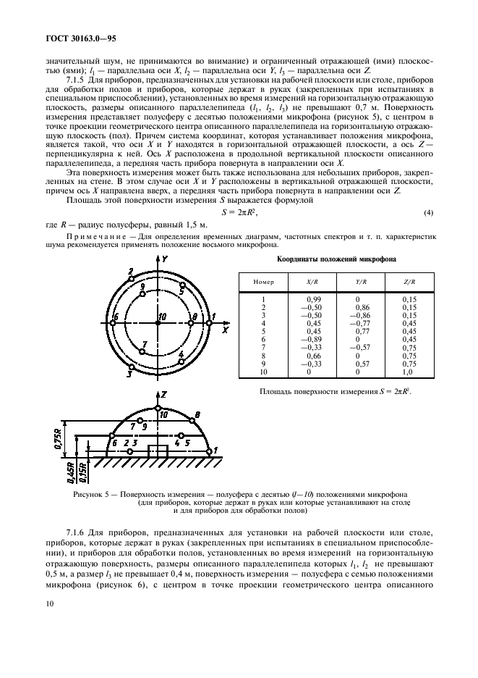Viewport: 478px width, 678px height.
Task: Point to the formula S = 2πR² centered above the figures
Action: coord(239,213)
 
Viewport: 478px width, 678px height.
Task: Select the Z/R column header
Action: coord(409,281)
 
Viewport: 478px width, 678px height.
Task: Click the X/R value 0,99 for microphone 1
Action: coord(313,298)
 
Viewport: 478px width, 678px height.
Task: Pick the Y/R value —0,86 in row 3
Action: coord(362,315)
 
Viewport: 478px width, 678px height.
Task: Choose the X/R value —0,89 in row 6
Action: coord(313,340)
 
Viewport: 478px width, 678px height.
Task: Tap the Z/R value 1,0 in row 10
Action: coord(409,372)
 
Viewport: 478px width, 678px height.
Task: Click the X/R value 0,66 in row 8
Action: coord(313,356)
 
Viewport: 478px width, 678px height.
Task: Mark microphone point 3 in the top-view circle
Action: coord(130,367)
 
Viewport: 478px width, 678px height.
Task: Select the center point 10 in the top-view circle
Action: coord(157,322)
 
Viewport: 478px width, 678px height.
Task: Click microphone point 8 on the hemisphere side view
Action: coord(189,419)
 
